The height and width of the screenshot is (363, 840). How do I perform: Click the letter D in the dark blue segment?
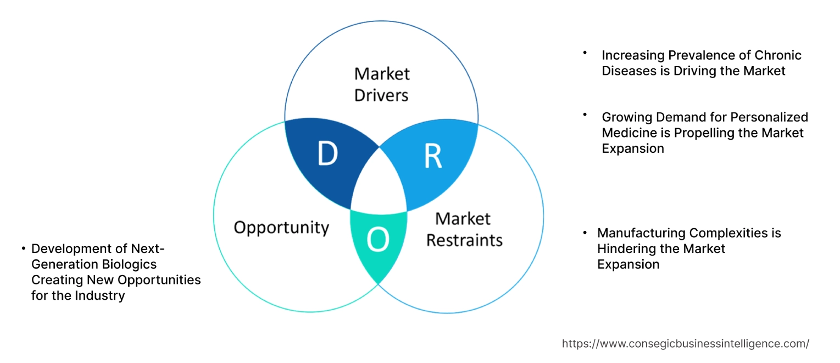point(327,155)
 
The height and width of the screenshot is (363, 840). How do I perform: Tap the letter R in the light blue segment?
point(432,156)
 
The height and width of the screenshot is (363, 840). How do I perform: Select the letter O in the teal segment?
point(378,240)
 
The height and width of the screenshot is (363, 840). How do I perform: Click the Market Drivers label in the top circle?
point(381,84)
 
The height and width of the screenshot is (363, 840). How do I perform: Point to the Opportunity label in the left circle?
point(281,227)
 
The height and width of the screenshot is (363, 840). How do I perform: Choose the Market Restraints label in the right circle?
point(464,229)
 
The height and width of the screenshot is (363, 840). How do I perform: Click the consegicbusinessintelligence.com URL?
point(685,344)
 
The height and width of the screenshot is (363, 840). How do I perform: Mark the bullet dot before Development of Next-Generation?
point(24,249)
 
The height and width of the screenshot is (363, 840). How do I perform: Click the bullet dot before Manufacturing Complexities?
point(586,233)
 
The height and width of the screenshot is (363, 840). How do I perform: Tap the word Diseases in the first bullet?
point(628,70)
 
